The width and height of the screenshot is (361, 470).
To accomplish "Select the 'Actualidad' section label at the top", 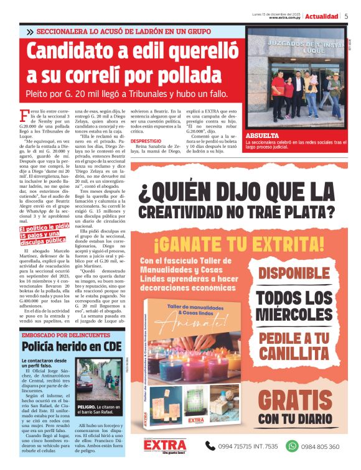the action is (x=322, y=16).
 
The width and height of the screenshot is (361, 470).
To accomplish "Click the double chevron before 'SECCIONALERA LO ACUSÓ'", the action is (x=30, y=31).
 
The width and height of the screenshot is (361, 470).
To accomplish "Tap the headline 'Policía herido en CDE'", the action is (x=71, y=346).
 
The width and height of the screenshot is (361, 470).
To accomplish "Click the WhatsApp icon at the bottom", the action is (x=292, y=446).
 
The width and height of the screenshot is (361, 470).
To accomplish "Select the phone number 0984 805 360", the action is (x=321, y=446).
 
